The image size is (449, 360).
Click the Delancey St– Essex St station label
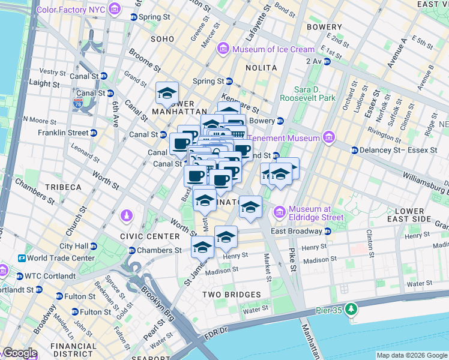click(x=397, y=150)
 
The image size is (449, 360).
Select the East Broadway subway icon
click(x=328, y=232)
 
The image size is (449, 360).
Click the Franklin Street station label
click(x=63, y=133)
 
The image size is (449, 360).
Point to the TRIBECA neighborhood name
click(x=61, y=187)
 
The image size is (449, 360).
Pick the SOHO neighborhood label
click(x=162, y=39)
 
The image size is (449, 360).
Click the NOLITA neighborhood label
click(x=261, y=68)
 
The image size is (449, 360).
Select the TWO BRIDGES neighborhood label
click(x=231, y=295)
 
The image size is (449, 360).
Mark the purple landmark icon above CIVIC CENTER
click(x=126, y=215)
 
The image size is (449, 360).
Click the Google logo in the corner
click(x=20, y=353)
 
